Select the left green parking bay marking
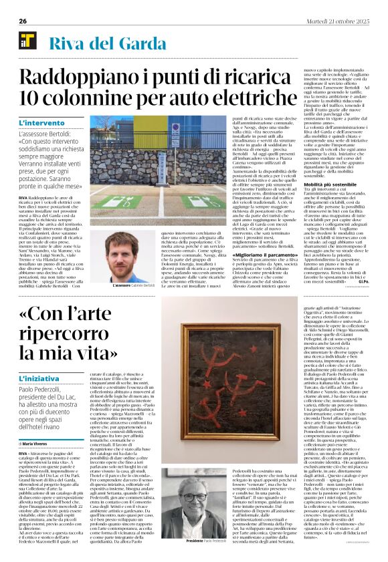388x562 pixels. [114, 200]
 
